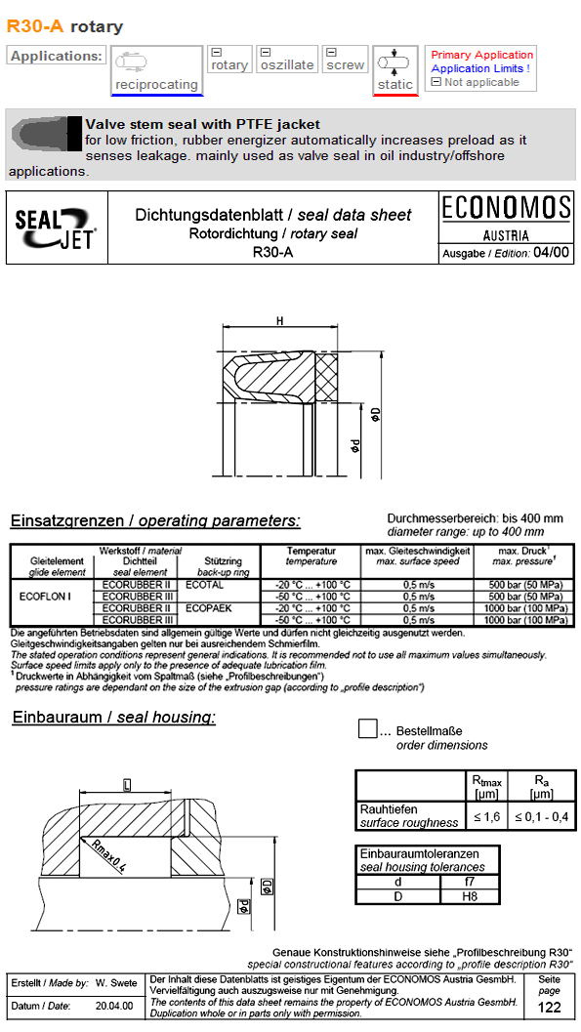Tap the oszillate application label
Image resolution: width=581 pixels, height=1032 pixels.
pos(287,64)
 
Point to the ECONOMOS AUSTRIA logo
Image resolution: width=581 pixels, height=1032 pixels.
pos(506,217)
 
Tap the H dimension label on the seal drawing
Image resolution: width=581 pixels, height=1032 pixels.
pos(279,322)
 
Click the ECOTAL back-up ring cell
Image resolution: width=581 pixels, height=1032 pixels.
pos(204,585)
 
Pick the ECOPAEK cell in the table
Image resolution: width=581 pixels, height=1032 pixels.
pos(208,607)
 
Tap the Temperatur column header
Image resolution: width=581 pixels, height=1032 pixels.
pos(311,552)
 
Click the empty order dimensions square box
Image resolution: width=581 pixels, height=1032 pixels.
pos(367,729)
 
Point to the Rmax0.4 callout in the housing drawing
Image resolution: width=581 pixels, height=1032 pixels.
pos(106,856)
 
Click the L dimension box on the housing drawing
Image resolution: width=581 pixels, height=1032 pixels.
pos(127,784)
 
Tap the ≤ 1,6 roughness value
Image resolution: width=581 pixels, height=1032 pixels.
pos(486,816)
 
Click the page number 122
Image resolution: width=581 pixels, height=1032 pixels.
pos(550,1008)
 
